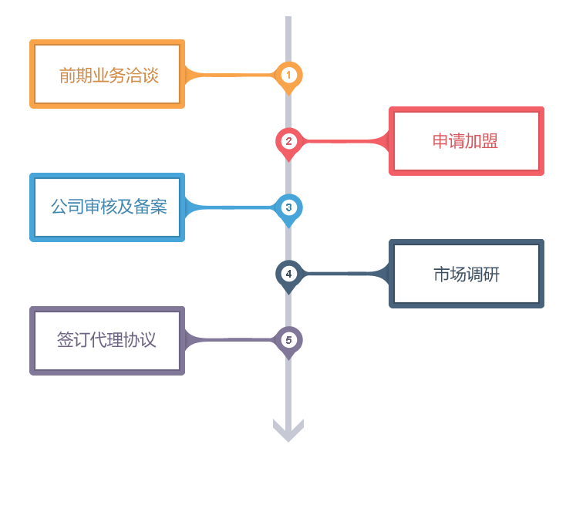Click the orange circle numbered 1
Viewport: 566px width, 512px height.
(288, 75)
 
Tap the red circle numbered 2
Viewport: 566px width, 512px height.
(288, 141)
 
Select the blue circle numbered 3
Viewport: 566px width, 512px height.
(288, 207)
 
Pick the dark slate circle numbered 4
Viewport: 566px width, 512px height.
(288, 273)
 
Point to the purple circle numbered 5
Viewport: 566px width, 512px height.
(288, 339)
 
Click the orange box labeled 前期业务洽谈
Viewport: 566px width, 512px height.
(107, 75)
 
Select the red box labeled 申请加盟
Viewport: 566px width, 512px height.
(465, 140)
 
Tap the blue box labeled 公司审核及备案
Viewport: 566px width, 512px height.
(107, 207)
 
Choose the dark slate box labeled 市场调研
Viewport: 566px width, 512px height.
(465, 274)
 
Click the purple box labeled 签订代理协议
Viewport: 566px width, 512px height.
(107, 340)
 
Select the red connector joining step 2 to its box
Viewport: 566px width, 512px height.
(347, 141)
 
